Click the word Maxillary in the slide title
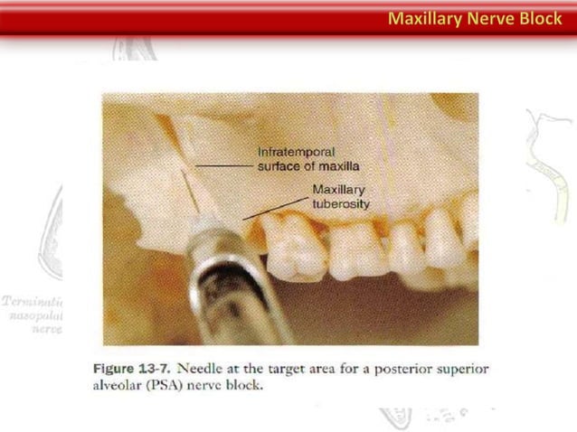pos(424,18)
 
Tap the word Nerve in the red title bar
pos(489,18)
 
